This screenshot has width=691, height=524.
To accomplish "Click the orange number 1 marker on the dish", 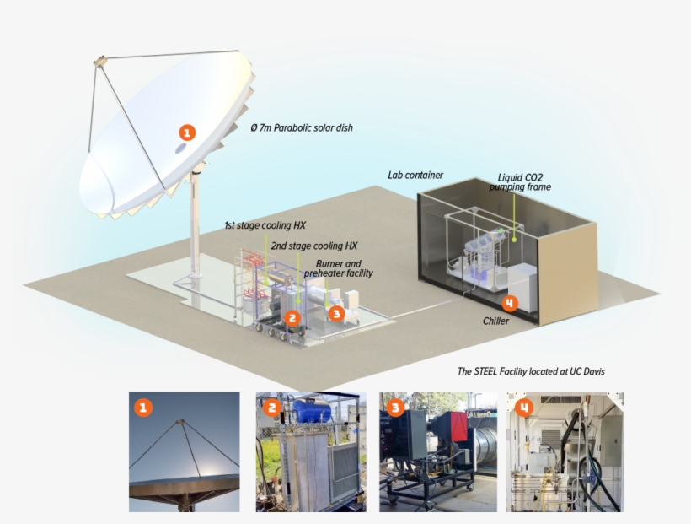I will tap(187, 132).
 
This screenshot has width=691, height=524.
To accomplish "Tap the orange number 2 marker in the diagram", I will tap(292, 318).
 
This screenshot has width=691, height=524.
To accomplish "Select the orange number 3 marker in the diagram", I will tap(336, 313).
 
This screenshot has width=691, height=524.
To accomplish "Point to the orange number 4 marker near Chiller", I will tap(509, 302).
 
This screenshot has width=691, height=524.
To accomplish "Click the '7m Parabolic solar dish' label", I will tap(302, 128).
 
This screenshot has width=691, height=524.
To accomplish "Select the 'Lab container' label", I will tap(415, 176).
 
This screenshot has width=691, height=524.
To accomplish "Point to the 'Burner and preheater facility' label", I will tap(338, 268).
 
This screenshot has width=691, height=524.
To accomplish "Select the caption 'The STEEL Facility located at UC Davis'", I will tap(531, 371).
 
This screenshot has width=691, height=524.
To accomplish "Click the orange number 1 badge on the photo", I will tap(144, 408).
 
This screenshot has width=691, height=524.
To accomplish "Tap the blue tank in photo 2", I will tap(311, 412).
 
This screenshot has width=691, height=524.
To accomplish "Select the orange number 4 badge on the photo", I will tap(524, 408).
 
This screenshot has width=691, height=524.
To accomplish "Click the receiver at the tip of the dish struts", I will tap(99, 62).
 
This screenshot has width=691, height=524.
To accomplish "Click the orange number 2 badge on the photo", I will tap(271, 408).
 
